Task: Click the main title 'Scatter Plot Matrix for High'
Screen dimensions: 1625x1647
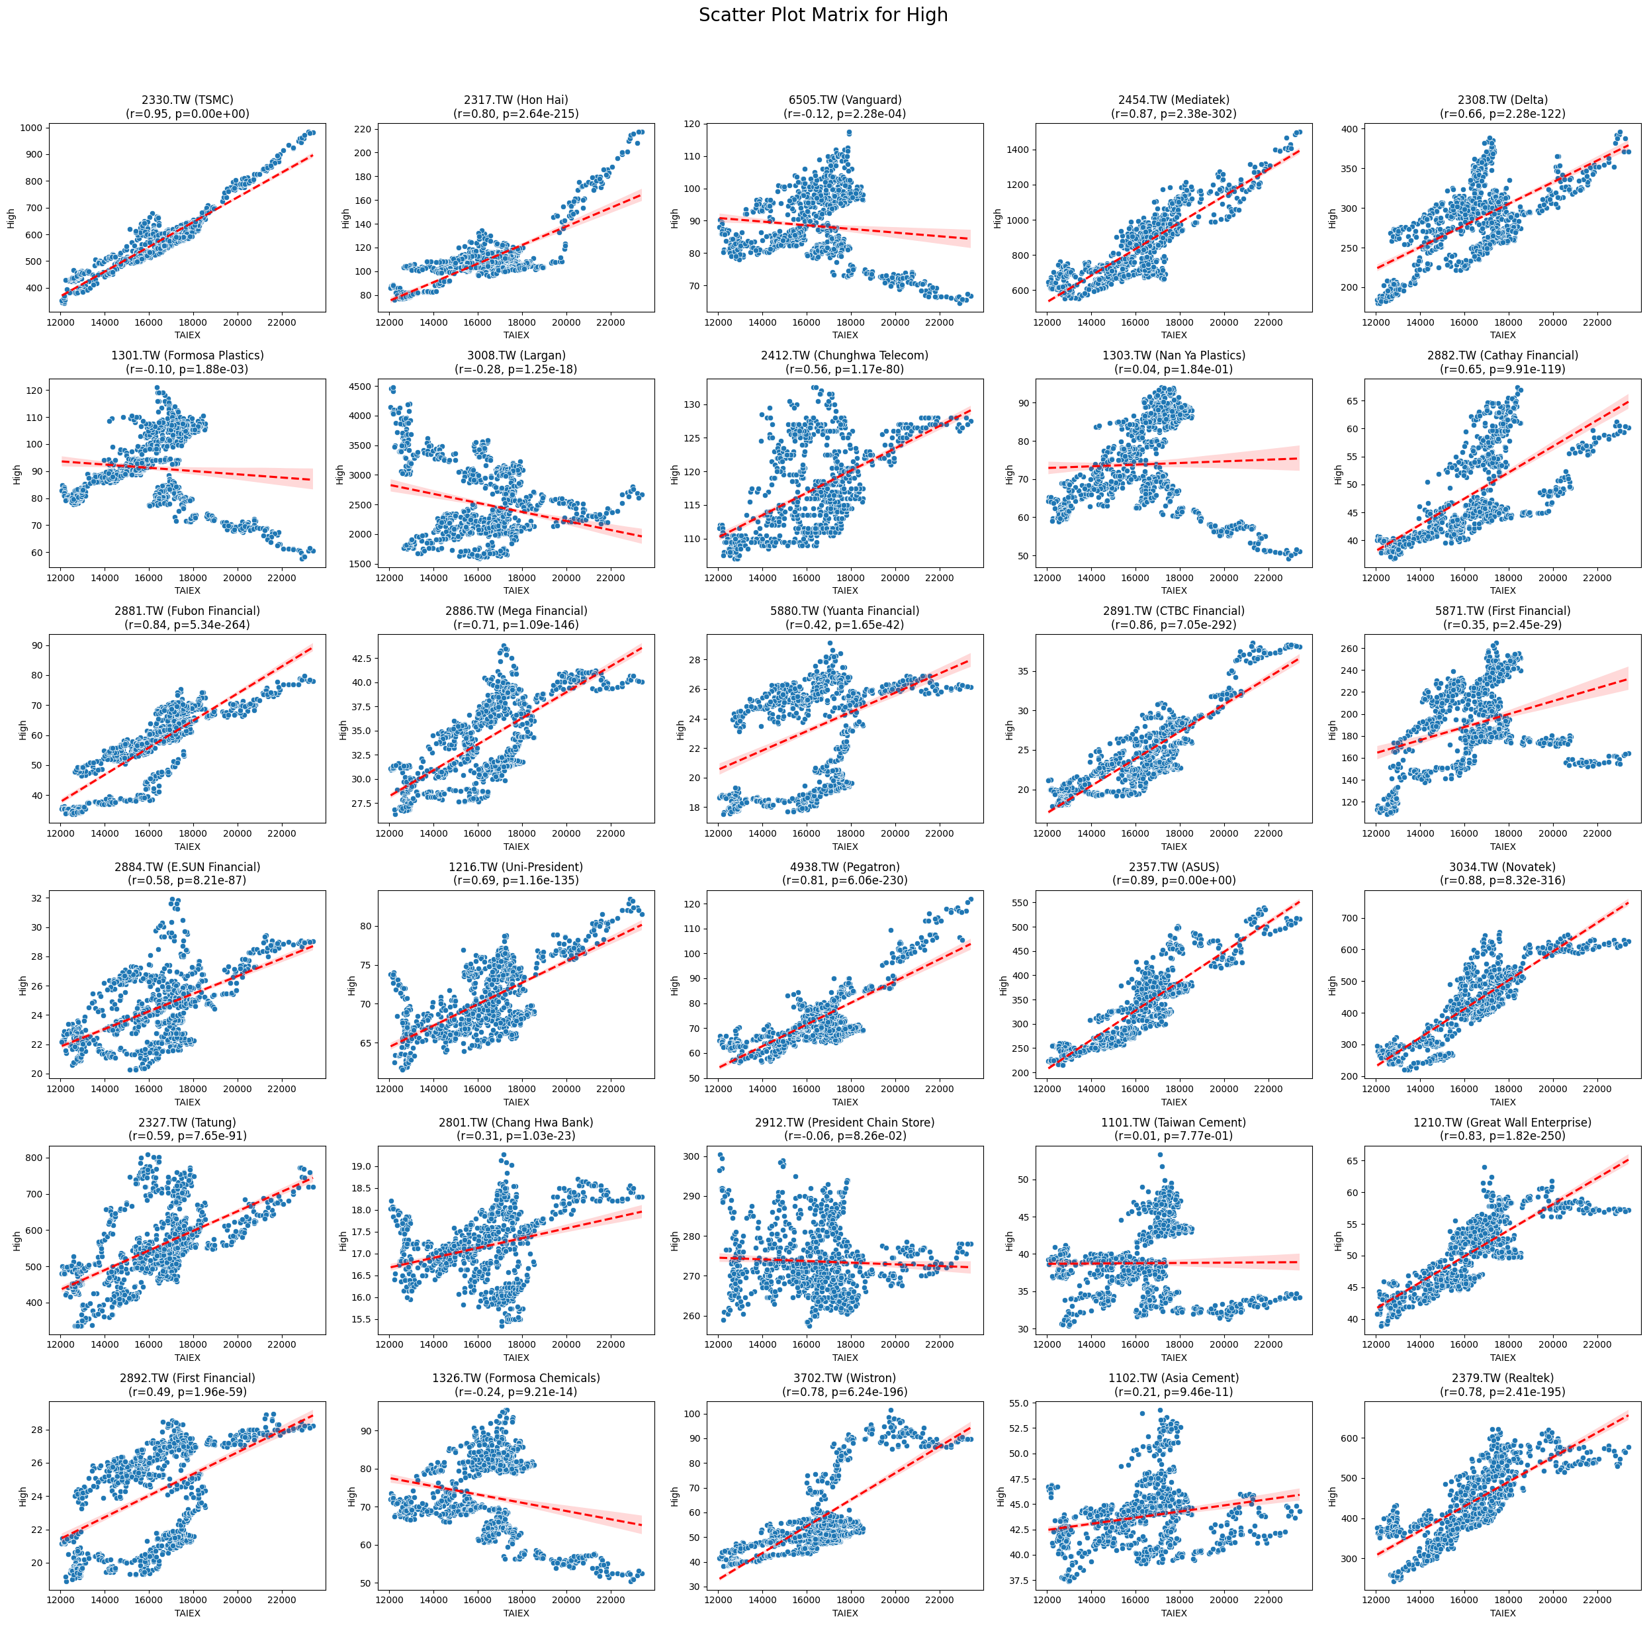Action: point(823,15)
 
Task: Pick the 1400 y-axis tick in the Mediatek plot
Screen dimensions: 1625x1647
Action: point(1019,150)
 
